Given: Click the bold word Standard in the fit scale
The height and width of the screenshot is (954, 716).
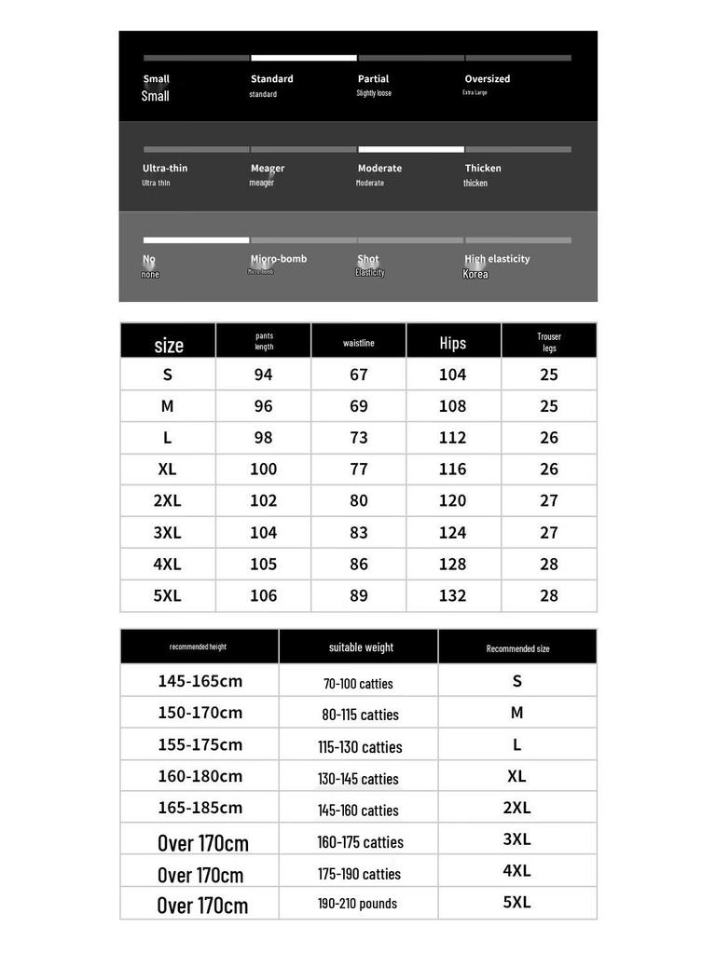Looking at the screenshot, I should (x=271, y=79).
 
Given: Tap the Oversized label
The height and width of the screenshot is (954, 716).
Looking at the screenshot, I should (x=487, y=79).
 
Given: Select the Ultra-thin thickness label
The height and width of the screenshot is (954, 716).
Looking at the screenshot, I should (x=165, y=169).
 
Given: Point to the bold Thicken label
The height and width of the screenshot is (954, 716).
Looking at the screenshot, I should (x=483, y=169).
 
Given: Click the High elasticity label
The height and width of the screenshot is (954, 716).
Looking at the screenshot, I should (x=497, y=259).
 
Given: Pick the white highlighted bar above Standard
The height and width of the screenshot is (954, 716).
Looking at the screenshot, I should (x=304, y=58).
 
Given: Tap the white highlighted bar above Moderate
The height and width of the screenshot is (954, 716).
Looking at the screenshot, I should (x=411, y=149).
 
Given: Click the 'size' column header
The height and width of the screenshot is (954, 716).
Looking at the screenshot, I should (x=168, y=345).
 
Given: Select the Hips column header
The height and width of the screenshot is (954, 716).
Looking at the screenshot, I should (x=452, y=343).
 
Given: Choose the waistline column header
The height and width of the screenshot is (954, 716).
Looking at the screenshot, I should (x=358, y=343).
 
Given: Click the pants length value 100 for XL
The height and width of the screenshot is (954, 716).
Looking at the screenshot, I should (x=263, y=469).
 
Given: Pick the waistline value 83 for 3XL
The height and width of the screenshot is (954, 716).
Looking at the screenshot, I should (x=358, y=532).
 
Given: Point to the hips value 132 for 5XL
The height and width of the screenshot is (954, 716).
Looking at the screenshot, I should (x=452, y=595).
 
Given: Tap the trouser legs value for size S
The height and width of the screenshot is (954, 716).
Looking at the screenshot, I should (x=548, y=375).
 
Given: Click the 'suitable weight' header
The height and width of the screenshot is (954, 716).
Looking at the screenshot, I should (x=361, y=647).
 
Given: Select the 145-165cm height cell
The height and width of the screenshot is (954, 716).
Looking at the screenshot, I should (x=200, y=681).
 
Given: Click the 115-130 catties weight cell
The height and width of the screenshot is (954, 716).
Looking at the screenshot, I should (x=360, y=747).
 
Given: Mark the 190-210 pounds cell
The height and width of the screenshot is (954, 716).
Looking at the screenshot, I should (x=357, y=904).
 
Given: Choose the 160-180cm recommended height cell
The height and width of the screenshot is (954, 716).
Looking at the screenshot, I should (x=200, y=776).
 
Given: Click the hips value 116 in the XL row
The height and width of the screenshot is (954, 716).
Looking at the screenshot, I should (x=452, y=469).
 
